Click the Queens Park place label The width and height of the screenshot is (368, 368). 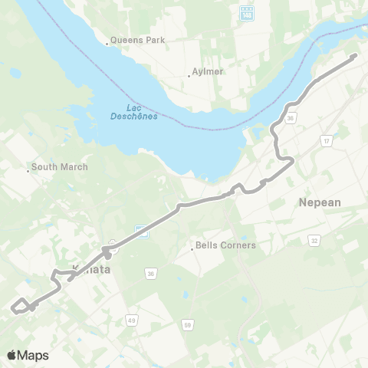137,39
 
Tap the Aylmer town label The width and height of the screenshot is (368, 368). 205,74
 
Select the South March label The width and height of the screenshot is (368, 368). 60,166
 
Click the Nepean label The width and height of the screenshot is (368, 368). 321,202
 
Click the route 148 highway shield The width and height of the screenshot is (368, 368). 247,15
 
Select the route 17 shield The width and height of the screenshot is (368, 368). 327,141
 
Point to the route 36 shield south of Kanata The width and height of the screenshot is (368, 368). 151,272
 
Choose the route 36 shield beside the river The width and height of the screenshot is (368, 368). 291,118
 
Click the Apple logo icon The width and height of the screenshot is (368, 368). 12,355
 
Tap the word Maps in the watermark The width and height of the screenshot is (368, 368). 33,355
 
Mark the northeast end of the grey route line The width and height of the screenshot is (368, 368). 355,55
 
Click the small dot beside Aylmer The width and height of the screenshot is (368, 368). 189,75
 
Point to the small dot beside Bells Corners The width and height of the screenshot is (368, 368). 192,247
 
